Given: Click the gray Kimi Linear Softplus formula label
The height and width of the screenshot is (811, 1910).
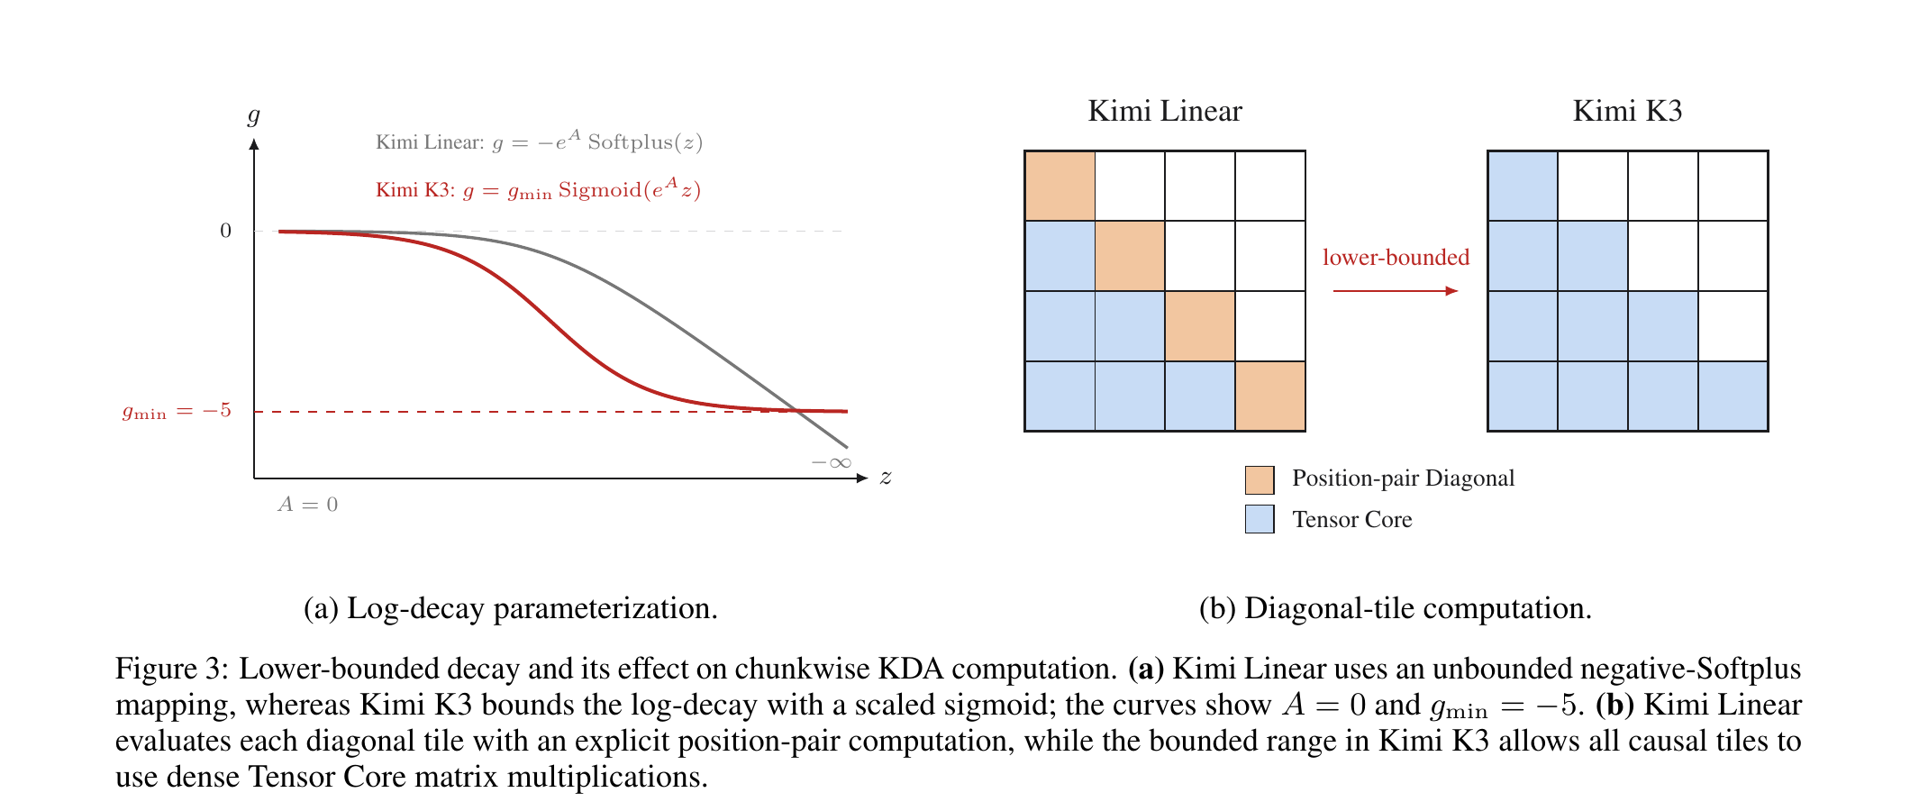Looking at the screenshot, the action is (x=539, y=141).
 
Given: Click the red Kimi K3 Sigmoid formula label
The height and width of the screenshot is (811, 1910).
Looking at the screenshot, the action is (x=538, y=189).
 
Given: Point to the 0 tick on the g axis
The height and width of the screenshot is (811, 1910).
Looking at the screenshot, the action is (x=226, y=231).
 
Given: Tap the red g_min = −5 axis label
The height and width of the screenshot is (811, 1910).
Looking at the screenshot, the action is (x=177, y=412).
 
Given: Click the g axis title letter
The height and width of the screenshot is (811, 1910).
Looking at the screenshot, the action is (x=253, y=115).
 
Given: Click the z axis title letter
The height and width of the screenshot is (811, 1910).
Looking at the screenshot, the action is (x=886, y=478).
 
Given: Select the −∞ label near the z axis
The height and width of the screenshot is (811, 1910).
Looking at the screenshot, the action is (x=831, y=462).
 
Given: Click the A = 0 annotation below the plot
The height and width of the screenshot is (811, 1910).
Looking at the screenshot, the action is (x=308, y=504).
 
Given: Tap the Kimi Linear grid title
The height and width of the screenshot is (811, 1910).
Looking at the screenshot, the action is (x=1165, y=111).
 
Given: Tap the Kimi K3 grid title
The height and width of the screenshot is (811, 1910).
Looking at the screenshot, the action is (x=1627, y=111).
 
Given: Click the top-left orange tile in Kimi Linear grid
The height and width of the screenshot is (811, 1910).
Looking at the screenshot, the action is (x=1060, y=186).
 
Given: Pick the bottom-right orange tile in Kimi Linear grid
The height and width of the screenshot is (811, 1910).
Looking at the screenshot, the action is (x=1270, y=396).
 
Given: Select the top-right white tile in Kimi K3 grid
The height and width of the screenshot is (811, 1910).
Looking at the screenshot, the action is (x=1733, y=186).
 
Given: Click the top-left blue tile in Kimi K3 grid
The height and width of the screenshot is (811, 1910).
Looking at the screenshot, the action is (x=1523, y=186).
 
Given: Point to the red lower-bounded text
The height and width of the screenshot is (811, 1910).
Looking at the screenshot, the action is (x=1396, y=258).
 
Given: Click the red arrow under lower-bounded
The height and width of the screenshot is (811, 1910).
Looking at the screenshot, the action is (x=1396, y=291).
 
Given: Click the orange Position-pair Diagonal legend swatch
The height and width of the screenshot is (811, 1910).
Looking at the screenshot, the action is (x=1260, y=480).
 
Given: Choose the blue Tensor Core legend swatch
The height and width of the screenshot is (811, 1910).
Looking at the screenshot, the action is (x=1260, y=519).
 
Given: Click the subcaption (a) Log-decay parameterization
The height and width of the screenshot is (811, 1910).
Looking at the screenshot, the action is (x=511, y=609).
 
